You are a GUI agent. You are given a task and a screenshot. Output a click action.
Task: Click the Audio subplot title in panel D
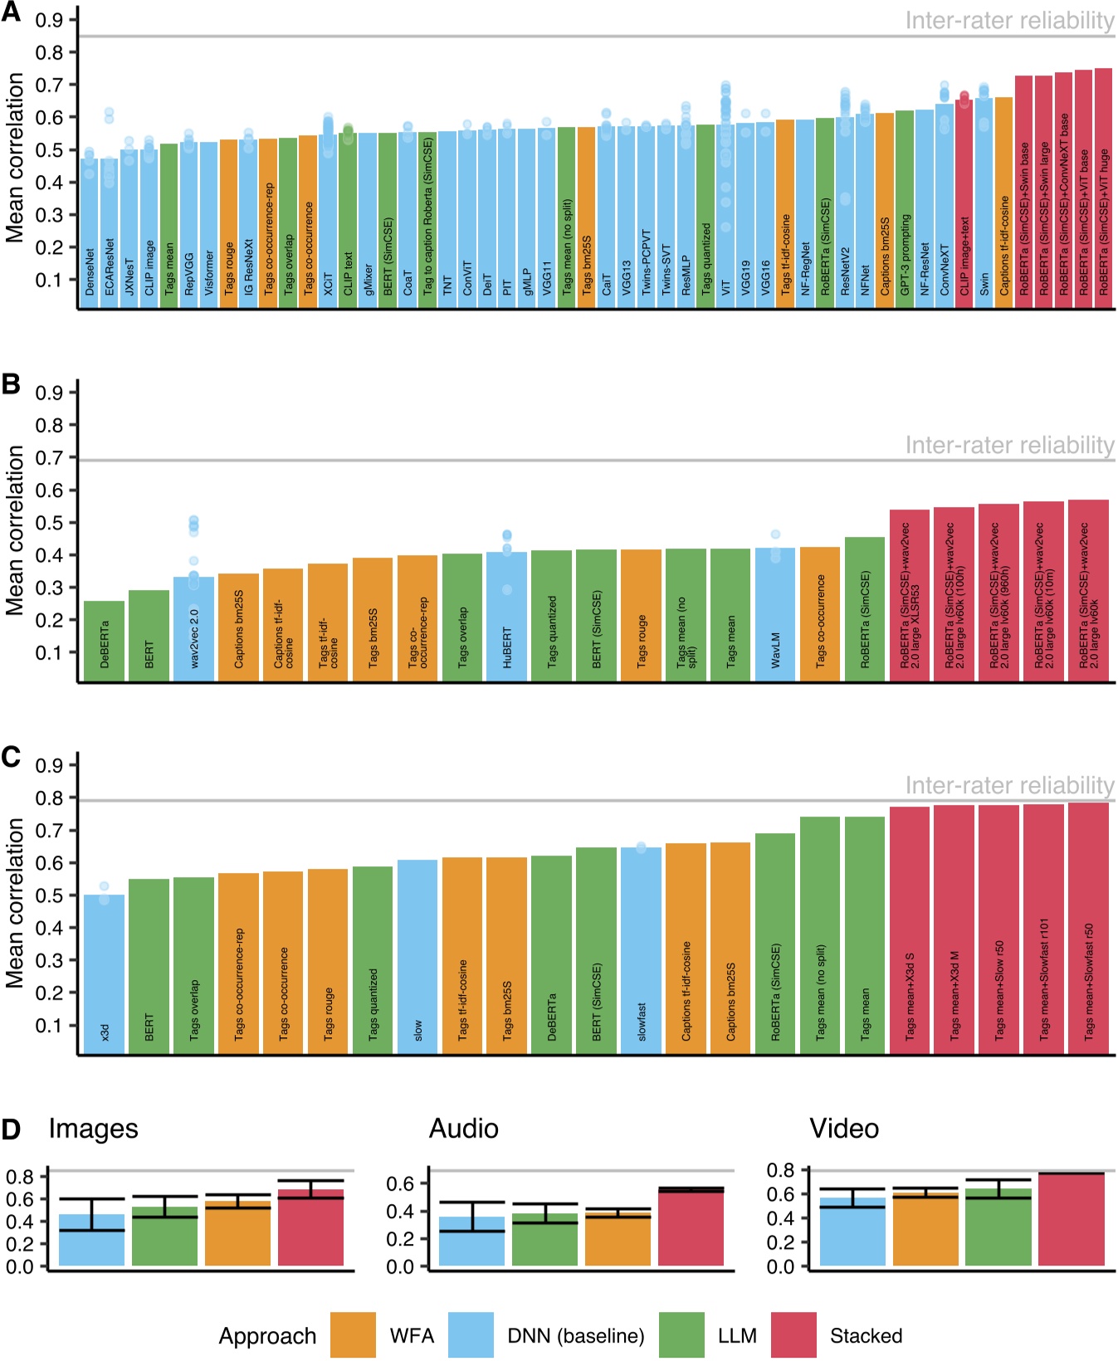(x=463, y=1129)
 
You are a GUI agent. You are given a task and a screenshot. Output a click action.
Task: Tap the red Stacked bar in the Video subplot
(x=1071, y=1219)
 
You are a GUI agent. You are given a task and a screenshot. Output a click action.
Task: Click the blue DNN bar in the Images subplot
(x=92, y=1240)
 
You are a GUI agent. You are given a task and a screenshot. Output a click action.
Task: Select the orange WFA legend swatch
(x=353, y=1335)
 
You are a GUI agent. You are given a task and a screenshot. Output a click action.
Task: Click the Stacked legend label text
(x=866, y=1335)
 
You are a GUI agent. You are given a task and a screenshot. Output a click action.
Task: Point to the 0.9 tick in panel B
(x=48, y=393)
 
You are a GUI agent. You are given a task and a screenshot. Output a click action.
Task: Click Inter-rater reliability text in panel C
(x=1008, y=785)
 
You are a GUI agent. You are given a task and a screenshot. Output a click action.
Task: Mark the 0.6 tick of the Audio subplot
(x=400, y=1183)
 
